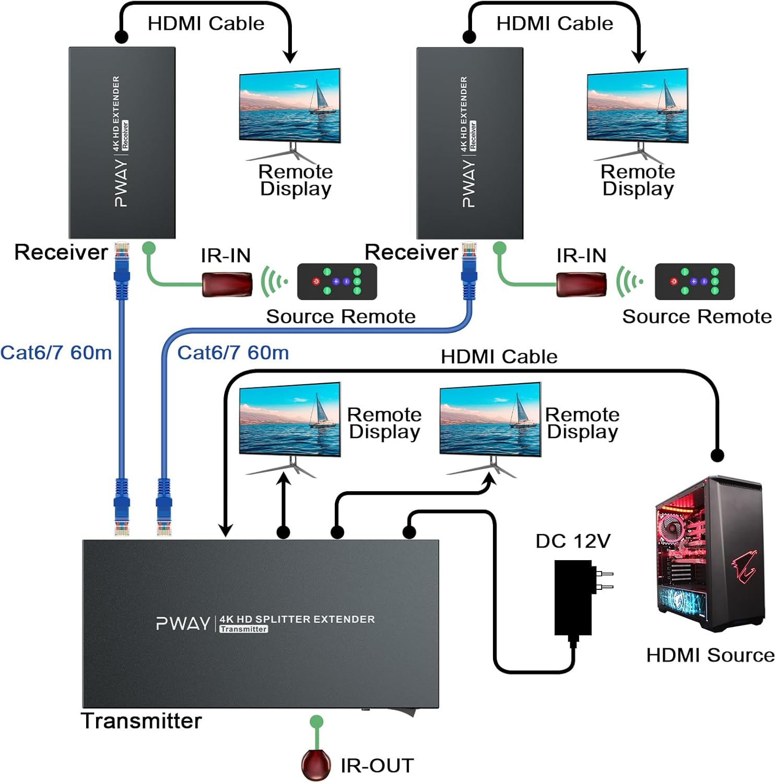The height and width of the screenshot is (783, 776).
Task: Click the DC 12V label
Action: [x=573, y=541]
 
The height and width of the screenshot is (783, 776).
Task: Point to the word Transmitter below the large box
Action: [x=141, y=721]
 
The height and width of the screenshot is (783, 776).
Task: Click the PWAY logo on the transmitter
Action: [x=183, y=623]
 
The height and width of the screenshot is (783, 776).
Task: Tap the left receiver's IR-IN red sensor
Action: [x=227, y=284]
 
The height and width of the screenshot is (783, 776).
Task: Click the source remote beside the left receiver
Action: [x=337, y=281]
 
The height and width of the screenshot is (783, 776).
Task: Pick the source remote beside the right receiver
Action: [x=695, y=281]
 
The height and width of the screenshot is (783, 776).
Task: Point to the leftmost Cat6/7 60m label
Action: [x=56, y=353]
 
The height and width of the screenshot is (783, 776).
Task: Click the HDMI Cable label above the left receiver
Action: [x=206, y=23]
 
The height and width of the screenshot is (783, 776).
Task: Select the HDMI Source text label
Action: [x=710, y=655]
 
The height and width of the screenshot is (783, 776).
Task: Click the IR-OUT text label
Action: [x=377, y=766]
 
